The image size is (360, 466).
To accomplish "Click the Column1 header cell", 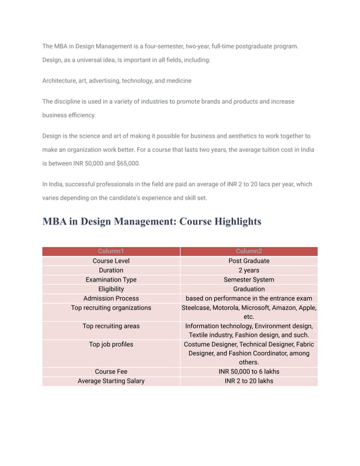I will tap(111, 252).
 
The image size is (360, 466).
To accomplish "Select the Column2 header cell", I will tap(249, 252).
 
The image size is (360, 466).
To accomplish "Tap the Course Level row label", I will tap(111, 261).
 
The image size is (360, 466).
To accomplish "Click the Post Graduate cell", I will tap(249, 261).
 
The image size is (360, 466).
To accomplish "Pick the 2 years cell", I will tap(249, 270).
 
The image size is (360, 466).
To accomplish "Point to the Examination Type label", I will tap(111, 280).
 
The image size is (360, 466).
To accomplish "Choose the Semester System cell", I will tap(249, 280).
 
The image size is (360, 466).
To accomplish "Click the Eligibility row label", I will tap(111, 289).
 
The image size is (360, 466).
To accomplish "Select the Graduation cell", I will tap(249, 289).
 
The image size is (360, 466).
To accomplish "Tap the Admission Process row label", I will tap(111, 298).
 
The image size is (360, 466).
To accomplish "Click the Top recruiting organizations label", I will tap(111, 308).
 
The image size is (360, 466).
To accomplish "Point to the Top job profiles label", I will tap(111, 344).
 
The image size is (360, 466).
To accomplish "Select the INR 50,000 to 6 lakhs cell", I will tap(249, 372).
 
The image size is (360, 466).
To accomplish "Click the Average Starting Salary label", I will tap(111, 381).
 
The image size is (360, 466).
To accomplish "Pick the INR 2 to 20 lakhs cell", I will tap(249, 381).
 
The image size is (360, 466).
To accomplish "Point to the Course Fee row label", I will tap(111, 372).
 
